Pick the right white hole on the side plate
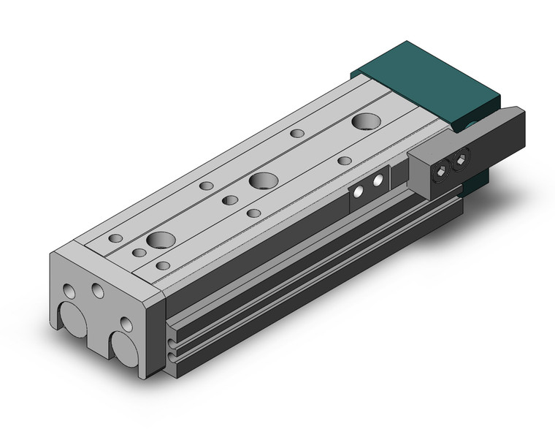[378, 181]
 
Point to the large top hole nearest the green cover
[364, 121]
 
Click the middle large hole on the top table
[263, 181]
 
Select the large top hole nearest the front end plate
[161, 239]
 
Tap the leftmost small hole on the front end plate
[69, 292]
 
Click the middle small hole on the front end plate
[98, 292]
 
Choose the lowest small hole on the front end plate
[126, 324]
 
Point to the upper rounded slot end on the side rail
[171, 340]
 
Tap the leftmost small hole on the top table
[115, 238]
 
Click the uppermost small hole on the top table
[297, 133]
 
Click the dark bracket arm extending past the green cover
[504, 139]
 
